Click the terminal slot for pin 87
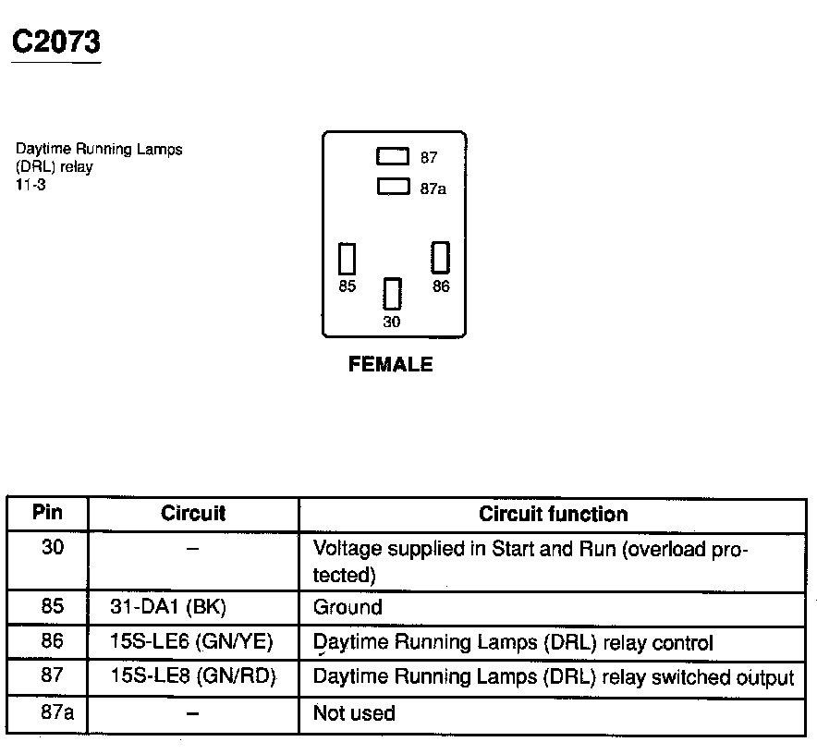[x=393, y=157]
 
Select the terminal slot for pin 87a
[x=393, y=187]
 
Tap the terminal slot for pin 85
[x=348, y=259]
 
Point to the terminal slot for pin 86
[x=441, y=257]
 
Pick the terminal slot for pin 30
[x=393, y=294]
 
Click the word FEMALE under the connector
[x=390, y=365]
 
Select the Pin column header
[x=47, y=513]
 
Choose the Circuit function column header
[x=553, y=514]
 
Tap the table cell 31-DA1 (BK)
[x=167, y=607]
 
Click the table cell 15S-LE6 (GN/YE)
[x=191, y=642]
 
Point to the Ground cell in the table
[x=348, y=607]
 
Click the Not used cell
[x=354, y=713]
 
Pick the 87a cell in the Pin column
[x=52, y=712]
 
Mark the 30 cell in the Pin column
[x=53, y=547]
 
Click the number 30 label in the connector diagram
[x=392, y=322]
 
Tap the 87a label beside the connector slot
[x=433, y=188]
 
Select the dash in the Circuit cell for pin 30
[x=192, y=549]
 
